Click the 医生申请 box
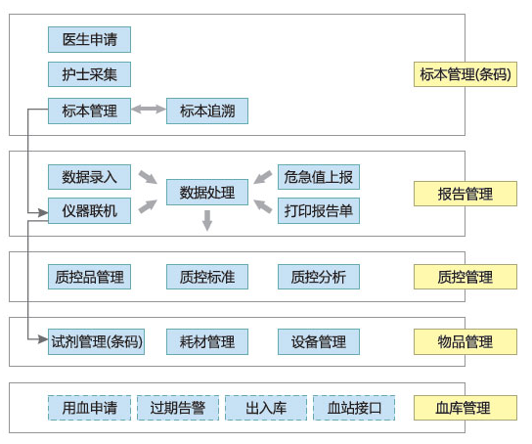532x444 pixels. [x=89, y=40]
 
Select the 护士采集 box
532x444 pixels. [x=89, y=74]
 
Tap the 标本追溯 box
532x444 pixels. [x=207, y=111]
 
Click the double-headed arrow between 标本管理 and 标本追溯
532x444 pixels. [x=149, y=110]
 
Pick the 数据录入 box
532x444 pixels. [x=89, y=177]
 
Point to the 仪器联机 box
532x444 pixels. [x=89, y=211]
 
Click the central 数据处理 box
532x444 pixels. [x=207, y=193]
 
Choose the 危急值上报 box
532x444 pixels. [x=319, y=177]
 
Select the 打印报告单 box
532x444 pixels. [x=319, y=211]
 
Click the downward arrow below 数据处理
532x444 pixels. [x=207, y=220]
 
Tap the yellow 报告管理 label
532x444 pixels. [x=465, y=194]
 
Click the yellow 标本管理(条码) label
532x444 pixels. [x=465, y=74]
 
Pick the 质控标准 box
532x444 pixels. [x=207, y=277]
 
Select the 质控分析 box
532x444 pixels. [x=319, y=277]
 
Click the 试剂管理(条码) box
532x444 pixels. [x=97, y=341]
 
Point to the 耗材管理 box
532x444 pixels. [x=207, y=341]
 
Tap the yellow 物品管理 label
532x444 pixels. [x=465, y=341]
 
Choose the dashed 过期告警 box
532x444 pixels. [x=178, y=408]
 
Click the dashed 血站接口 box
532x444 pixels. [x=354, y=408]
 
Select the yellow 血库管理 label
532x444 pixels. [x=465, y=408]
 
